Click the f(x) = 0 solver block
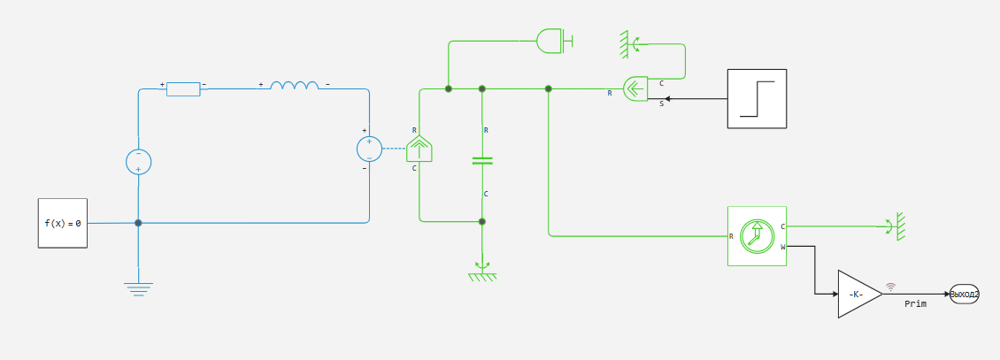(62, 223)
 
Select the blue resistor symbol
(183, 88)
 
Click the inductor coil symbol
(295, 87)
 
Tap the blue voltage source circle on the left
(138, 161)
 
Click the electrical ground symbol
(138, 287)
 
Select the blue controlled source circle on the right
(369, 149)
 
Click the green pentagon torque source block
(419, 149)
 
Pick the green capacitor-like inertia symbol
(482, 161)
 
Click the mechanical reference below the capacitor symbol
(482, 272)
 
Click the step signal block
(756, 98)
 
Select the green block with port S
(636, 88)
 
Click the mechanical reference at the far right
(896, 226)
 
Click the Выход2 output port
(964, 294)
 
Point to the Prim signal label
(915, 303)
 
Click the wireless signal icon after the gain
(890, 286)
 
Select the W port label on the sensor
(782, 247)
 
